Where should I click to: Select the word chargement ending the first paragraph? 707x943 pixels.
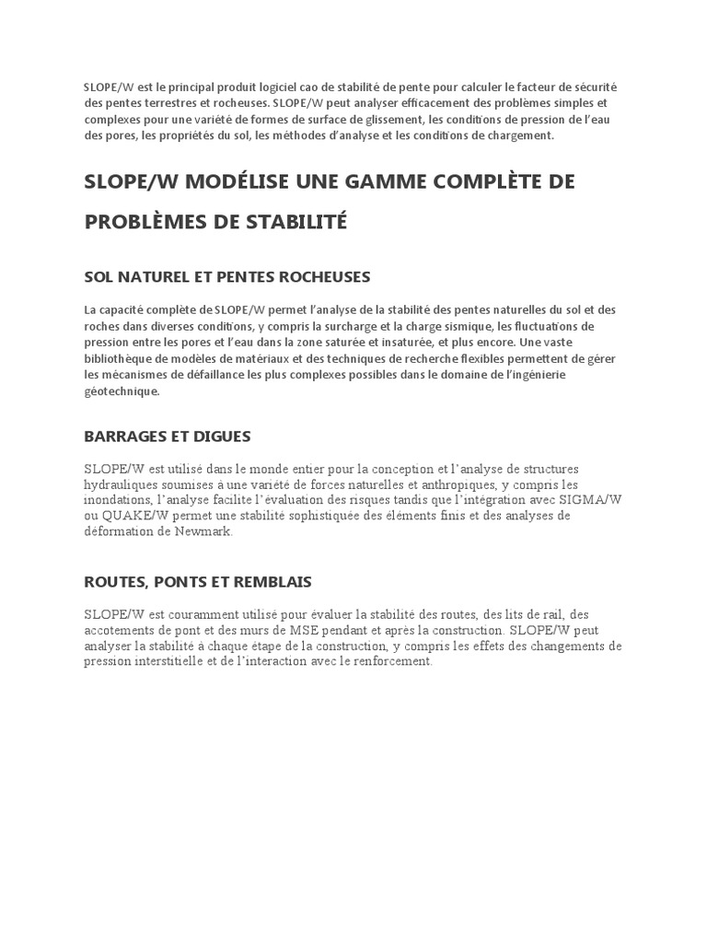pyautogui.click(x=522, y=136)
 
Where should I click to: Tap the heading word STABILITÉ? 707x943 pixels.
pyautogui.click(x=294, y=222)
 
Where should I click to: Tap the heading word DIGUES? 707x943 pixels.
pyautogui.click(x=219, y=436)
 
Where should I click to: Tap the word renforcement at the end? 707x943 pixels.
pyautogui.click(x=388, y=662)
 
